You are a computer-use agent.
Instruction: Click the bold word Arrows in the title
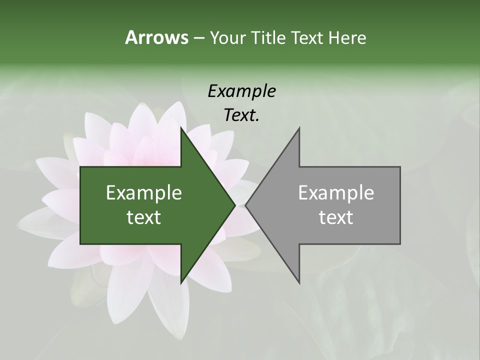coord(156,37)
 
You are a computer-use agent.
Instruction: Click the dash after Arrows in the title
coord(198,38)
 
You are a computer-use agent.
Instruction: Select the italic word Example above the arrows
coord(241,91)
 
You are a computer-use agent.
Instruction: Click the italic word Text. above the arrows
coord(241,115)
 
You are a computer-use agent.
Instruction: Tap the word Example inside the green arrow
coord(144,193)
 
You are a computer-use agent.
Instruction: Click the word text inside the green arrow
coord(144,217)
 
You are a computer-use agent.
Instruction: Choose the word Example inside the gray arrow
coord(336,193)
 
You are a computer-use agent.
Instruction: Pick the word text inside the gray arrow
coord(336,217)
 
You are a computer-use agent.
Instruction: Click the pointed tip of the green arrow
coord(235,205)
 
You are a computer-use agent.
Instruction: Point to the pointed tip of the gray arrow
coord(245,205)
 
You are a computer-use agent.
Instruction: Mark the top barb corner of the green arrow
coord(180,127)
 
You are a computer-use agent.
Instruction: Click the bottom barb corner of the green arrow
coord(180,283)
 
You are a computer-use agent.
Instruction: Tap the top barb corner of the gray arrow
coord(299,127)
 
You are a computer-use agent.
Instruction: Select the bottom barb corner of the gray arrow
coord(299,283)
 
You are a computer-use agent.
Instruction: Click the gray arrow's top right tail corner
coord(400,167)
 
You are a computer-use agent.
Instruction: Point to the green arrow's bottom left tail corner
coord(80,244)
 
